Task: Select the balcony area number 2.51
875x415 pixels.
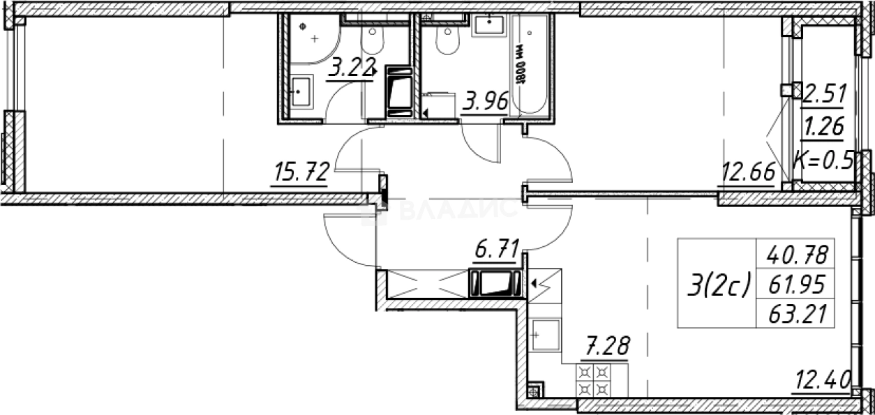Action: [x=824, y=91]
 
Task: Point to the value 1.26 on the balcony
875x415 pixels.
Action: [x=824, y=126]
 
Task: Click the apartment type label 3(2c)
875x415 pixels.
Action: [x=718, y=285]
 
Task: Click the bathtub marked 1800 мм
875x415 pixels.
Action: [x=530, y=66]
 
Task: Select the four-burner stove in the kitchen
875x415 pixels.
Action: [x=593, y=382]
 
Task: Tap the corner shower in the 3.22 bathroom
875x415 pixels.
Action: [x=311, y=38]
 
